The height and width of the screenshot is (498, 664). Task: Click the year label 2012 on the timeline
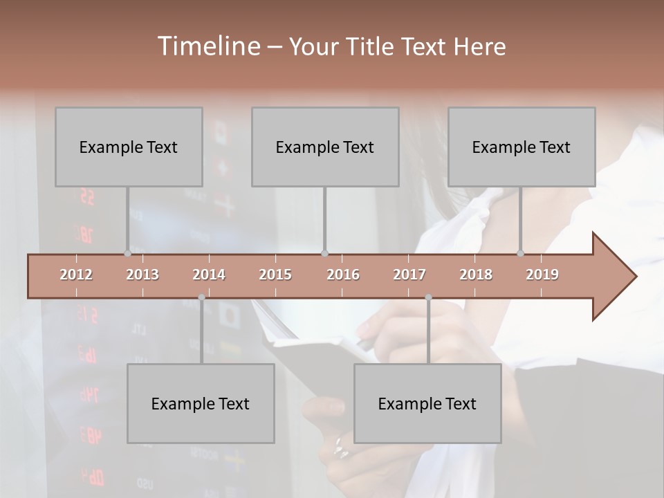(x=76, y=275)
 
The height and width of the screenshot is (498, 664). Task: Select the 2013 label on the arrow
(x=142, y=275)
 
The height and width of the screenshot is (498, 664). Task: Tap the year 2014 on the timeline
(x=209, y=275)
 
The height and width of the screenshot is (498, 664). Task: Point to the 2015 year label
(x=275, y=275)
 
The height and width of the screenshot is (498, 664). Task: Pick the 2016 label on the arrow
(x=343, y=275)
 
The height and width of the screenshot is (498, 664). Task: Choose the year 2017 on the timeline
(x=409, y=275)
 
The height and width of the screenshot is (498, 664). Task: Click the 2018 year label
(x=476, y=275)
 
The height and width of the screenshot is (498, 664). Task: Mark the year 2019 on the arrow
(x=542, y=275)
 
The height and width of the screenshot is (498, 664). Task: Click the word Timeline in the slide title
(x=207, y=46)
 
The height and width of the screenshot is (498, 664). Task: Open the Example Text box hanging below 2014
(x=201, y=403)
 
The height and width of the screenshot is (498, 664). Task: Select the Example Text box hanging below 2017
(x=427, y=403)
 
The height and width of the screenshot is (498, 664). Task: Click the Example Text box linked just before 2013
(x=129, y=147)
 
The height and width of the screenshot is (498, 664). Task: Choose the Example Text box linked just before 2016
(x=325, y=147)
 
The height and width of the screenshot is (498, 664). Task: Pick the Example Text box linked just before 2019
(x=522, y=147)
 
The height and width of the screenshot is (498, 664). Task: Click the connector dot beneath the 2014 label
(x=201, y=297)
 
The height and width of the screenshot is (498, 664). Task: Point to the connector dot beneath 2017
(x=428, y=297)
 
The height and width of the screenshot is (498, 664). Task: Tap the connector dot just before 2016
(x=325, y=254)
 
